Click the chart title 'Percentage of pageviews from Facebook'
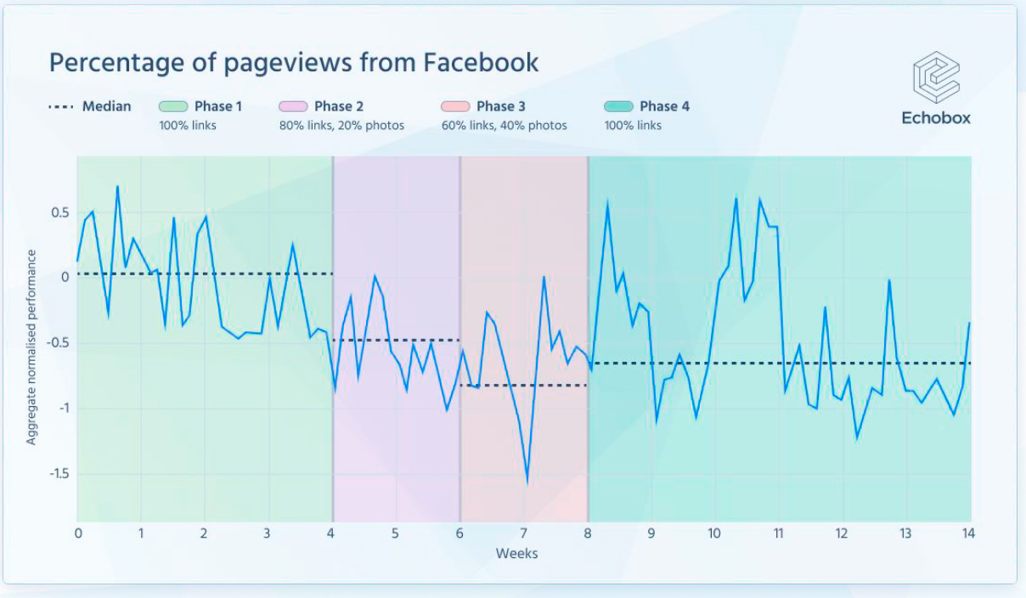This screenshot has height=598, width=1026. pyautogui.click(x=293, y=62)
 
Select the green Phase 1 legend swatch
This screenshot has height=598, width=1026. pyautogui.click(x=172, y=106)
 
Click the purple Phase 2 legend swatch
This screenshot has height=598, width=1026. pyautogui.click(x=292, y=106)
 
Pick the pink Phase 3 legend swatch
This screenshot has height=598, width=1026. pyautogui.click(x=454, y=106)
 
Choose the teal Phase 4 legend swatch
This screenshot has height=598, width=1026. pyautogui.click(x=617, y=106)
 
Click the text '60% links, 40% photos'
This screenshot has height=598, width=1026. pyautogui.click(x=504, y=126)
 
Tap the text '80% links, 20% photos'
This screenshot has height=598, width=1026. pyautogui.click(x=341, y=126)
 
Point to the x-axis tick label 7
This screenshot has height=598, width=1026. pyautogui.click(x=523, y=533)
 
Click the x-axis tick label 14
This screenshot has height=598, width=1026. pyautogui.click(x=967, y=533)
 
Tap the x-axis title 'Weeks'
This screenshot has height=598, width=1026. pyautogui.click(x=516, y=554)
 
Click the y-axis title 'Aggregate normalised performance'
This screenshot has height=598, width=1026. pyautogui.click(x=31, y=347)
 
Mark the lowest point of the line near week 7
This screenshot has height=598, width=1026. pyautogui.click(x=527, y=482)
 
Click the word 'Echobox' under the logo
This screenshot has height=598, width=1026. pyautogui.click(x=936, y=118)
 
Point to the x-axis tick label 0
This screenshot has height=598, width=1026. pyautogui.click(x=78, y=533)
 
